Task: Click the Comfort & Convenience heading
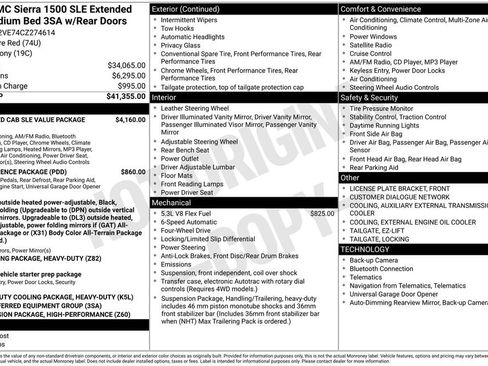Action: click(x=389, y=8)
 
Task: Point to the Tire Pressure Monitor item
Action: click(x=391, y=108)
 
